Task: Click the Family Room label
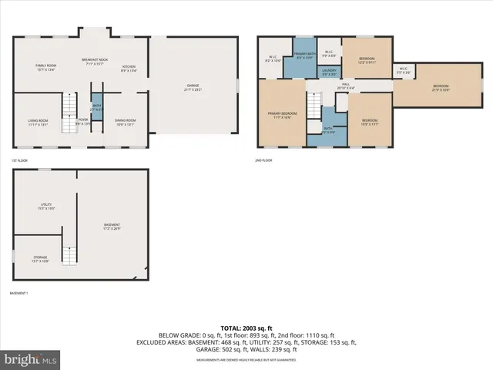[45, 68]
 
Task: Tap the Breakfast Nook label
[95, 62]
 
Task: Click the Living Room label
[39, 122]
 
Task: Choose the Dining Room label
[126, 122]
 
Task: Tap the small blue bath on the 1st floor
[97, 110]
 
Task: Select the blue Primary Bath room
[303, 55]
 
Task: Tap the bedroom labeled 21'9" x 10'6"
[440, 88]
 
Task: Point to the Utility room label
[46, 207]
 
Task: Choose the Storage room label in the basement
[40, 259]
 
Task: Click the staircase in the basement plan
[70, 254]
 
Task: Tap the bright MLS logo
[31, 358]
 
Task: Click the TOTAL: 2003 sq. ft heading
[246, 328]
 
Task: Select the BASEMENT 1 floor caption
[18, 294]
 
